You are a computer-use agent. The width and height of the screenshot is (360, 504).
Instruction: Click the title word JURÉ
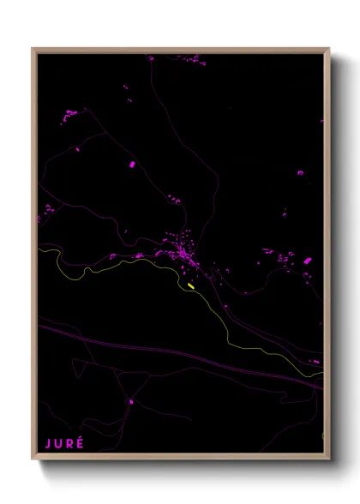(x=64, y=443)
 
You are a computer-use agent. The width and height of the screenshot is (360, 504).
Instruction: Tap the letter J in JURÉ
(x=49, y=443)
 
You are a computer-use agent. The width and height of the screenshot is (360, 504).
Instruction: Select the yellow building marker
(x=191, y=285)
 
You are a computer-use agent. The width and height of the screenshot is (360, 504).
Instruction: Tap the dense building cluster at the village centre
(x=183, y=252)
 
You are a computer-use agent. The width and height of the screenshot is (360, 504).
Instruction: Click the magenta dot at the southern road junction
(x=131, y=401)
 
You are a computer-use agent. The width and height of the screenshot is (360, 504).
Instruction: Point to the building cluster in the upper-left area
(x=71, y=114)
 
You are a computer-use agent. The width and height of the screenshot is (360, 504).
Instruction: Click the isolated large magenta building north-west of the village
(x=132, y=164)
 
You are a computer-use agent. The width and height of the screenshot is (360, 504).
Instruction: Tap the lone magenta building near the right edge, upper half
(x=301, y=172)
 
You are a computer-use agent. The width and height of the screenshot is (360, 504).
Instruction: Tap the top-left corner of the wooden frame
(x=33, y=49)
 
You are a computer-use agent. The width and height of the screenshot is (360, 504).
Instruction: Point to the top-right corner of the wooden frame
(x=328, y=49)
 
